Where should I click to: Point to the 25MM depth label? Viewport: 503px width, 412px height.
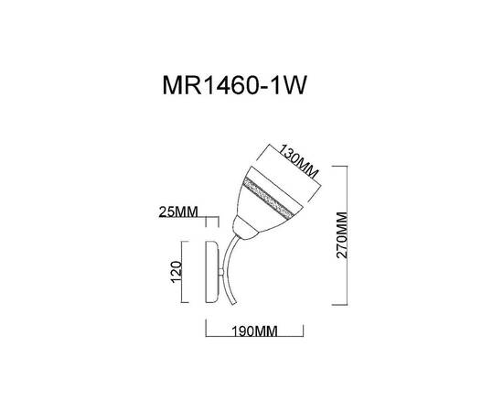[178, 213]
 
